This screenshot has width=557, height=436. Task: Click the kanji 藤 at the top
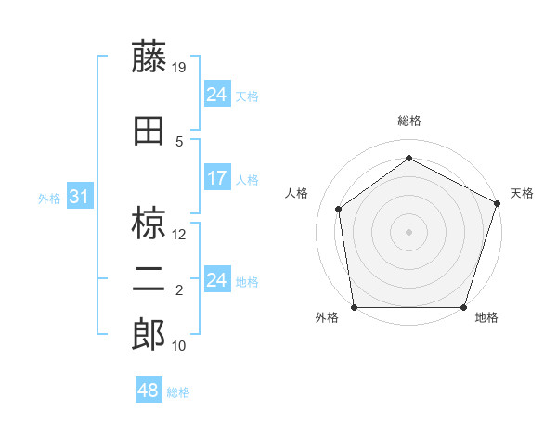click(149, 57)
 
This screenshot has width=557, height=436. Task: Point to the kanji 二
click(149, 281)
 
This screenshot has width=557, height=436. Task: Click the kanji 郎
click(149, 335)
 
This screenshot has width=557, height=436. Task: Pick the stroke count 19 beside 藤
click(180, 67)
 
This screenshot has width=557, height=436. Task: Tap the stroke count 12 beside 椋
click(180, 235)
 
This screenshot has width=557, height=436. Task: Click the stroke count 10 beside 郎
click(180, 346)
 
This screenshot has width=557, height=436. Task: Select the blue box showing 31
click(79, 197)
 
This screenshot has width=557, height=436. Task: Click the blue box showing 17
click(216, 178)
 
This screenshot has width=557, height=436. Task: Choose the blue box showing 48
click(148, 391)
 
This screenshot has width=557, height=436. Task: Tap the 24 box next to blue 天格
click(216, 95)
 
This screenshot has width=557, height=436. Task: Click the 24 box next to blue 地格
click(216, 280)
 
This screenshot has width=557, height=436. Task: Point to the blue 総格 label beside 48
click(178, 392)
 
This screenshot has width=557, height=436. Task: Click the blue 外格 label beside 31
click(48, 198)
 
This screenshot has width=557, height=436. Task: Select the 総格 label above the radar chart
click(408, 121)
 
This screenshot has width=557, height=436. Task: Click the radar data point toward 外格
click(354, 307)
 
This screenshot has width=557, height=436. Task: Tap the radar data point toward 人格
click(339, 209)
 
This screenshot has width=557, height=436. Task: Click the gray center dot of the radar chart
click(408, 231)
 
